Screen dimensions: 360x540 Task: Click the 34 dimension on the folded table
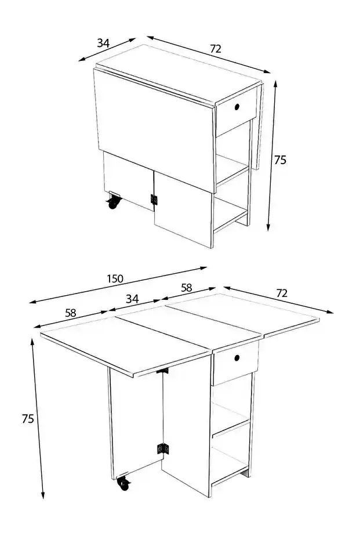[103, 44]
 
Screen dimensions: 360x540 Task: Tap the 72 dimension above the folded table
[216, 49]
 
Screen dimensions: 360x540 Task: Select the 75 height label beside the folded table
[280, 160]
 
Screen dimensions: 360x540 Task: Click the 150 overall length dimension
[115, 278]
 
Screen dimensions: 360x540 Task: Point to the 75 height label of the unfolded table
[28, 418]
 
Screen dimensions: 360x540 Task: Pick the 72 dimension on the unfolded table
[282, 293]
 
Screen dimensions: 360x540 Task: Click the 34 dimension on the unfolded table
[132, 299]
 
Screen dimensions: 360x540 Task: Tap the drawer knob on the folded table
[237, 107]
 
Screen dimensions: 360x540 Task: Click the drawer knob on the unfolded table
[237, 358]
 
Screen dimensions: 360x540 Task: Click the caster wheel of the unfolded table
[124, 483]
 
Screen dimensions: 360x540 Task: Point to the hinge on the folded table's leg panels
[154, 200]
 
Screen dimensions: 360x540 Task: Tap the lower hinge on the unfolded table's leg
[163, 448]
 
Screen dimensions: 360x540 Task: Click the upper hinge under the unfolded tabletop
[163, 371]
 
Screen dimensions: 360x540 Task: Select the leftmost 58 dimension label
[70, 313]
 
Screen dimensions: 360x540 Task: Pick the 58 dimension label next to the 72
[187, 288]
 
